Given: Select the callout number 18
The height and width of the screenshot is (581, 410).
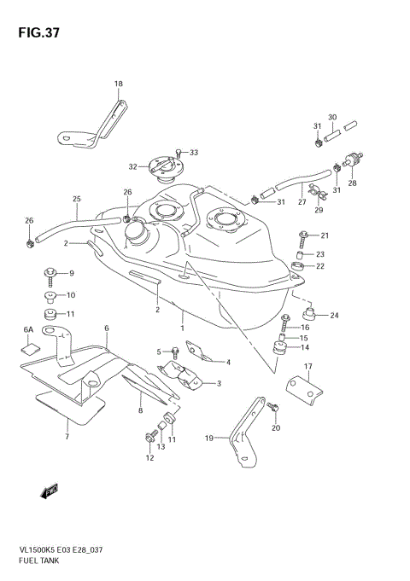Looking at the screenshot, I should click(119, 84).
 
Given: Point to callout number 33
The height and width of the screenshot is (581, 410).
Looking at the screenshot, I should click(194, 153).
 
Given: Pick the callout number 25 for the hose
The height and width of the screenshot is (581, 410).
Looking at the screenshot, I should click(76, 200).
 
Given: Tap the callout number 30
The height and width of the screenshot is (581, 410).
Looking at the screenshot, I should click(333, 117).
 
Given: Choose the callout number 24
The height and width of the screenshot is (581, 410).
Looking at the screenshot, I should click(334, 316).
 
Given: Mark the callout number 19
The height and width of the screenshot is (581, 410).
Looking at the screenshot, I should click(208, 439).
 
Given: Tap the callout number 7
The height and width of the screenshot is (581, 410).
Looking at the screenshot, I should click(67, 437).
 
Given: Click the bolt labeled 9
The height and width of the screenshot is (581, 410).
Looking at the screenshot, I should click(51, 274).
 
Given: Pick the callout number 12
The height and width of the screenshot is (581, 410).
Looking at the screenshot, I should click(149, 458).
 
